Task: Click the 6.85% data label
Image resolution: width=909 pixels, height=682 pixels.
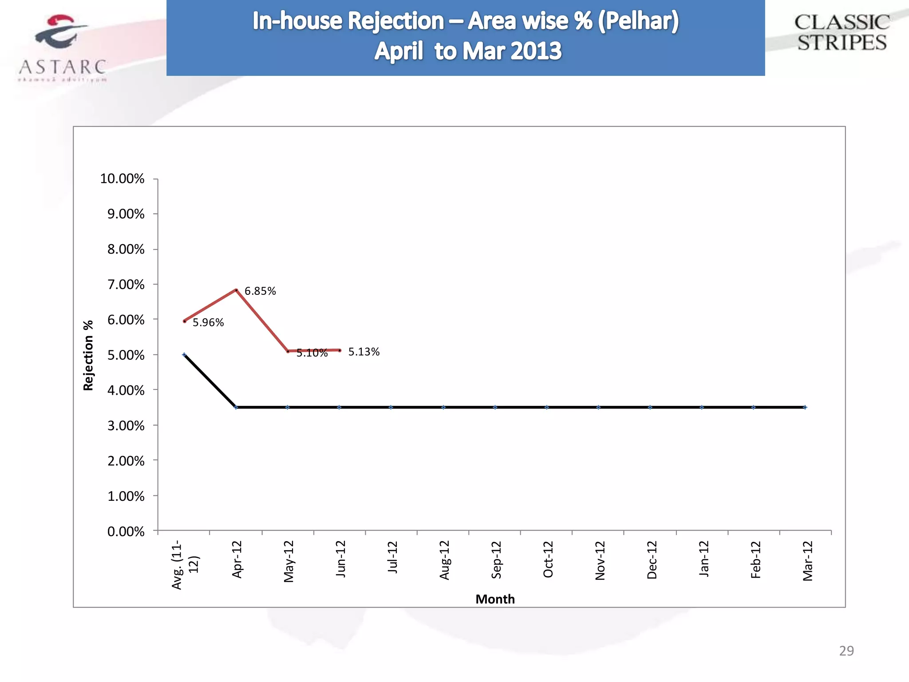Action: click(x=260, y=291)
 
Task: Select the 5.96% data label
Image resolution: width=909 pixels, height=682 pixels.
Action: click(x=208, y=323)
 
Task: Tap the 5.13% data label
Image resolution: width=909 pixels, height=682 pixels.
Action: click(x=364, y=352)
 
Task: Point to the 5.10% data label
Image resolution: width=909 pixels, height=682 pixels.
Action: click(x=312, y=353)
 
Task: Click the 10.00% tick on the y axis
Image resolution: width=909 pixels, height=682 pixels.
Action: click(x=122, y=179)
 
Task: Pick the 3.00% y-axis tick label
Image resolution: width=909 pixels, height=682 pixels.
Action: click(x=126, y=426)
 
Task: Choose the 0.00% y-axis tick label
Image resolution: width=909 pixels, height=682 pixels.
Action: click(x=126, y=531)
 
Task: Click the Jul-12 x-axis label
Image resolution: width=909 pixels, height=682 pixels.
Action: click(x=393, y=558)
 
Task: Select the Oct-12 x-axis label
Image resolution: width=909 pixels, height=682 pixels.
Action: click(x=548, y=559)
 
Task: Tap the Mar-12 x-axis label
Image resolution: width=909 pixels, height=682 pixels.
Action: click(x=807, y=561)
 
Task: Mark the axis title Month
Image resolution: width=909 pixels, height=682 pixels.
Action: click(x=495, y=599)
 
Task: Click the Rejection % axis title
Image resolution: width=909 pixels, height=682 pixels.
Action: click(x=88, y=355)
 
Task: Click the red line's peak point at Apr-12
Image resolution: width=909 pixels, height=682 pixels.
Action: click(x=236, y=290)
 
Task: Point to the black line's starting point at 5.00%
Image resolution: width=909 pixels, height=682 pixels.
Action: click(x=184, y=354)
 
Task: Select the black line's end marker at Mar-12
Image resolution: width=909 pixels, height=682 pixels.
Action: click(x=805, y=407)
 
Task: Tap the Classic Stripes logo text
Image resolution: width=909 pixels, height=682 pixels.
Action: click(x=842, y=33)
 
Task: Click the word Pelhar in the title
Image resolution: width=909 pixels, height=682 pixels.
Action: click(x=638, y=21)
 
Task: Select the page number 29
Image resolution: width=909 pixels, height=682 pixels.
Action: click(x=846, y=651)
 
